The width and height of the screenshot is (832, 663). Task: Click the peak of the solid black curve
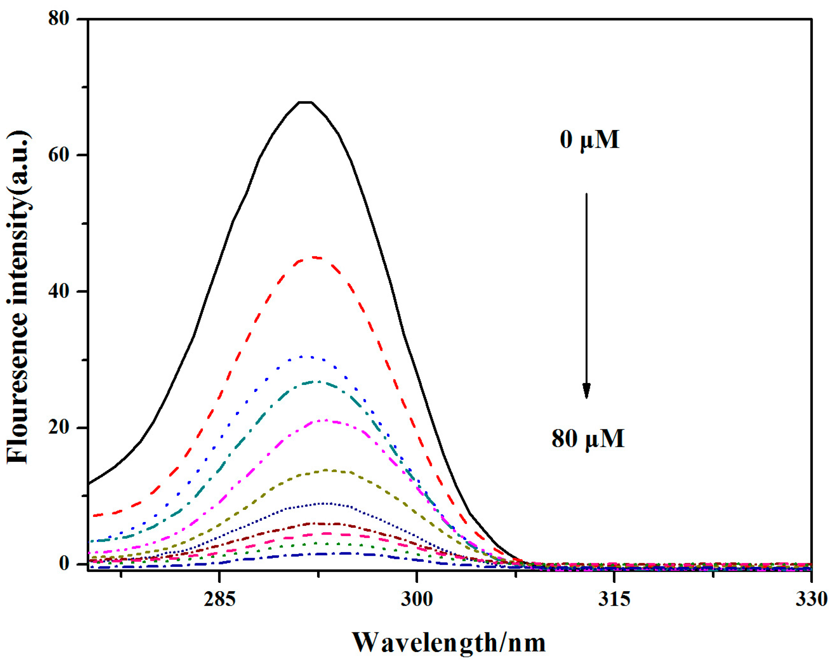pos(305,102)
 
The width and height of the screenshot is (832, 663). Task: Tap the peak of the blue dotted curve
pos(307,357)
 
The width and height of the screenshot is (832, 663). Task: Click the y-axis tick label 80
pos(59,18)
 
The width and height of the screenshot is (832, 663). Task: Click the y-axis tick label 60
pos(59,155)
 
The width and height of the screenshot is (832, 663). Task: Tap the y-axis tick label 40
pos(59,291)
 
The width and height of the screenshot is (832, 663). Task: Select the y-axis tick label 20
pos(59,427)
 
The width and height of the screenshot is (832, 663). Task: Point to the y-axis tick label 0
pos(64,564)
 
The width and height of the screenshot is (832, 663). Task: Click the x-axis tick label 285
pos(219,599)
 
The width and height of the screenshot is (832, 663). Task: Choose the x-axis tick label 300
pos(417,599)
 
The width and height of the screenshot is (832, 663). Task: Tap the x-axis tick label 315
pos(614,599)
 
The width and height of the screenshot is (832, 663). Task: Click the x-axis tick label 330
pos(811,599)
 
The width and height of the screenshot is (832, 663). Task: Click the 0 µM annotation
pos(589,139)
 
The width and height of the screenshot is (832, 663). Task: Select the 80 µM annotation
pos(588,438)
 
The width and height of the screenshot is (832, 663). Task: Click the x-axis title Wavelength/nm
pos(449,643)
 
